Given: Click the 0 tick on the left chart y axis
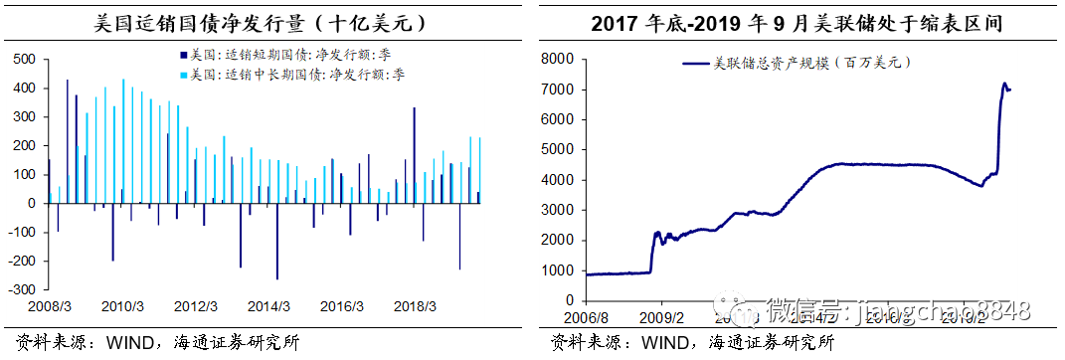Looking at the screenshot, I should [31, 203].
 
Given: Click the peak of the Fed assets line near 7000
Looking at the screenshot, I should [1003, 84].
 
